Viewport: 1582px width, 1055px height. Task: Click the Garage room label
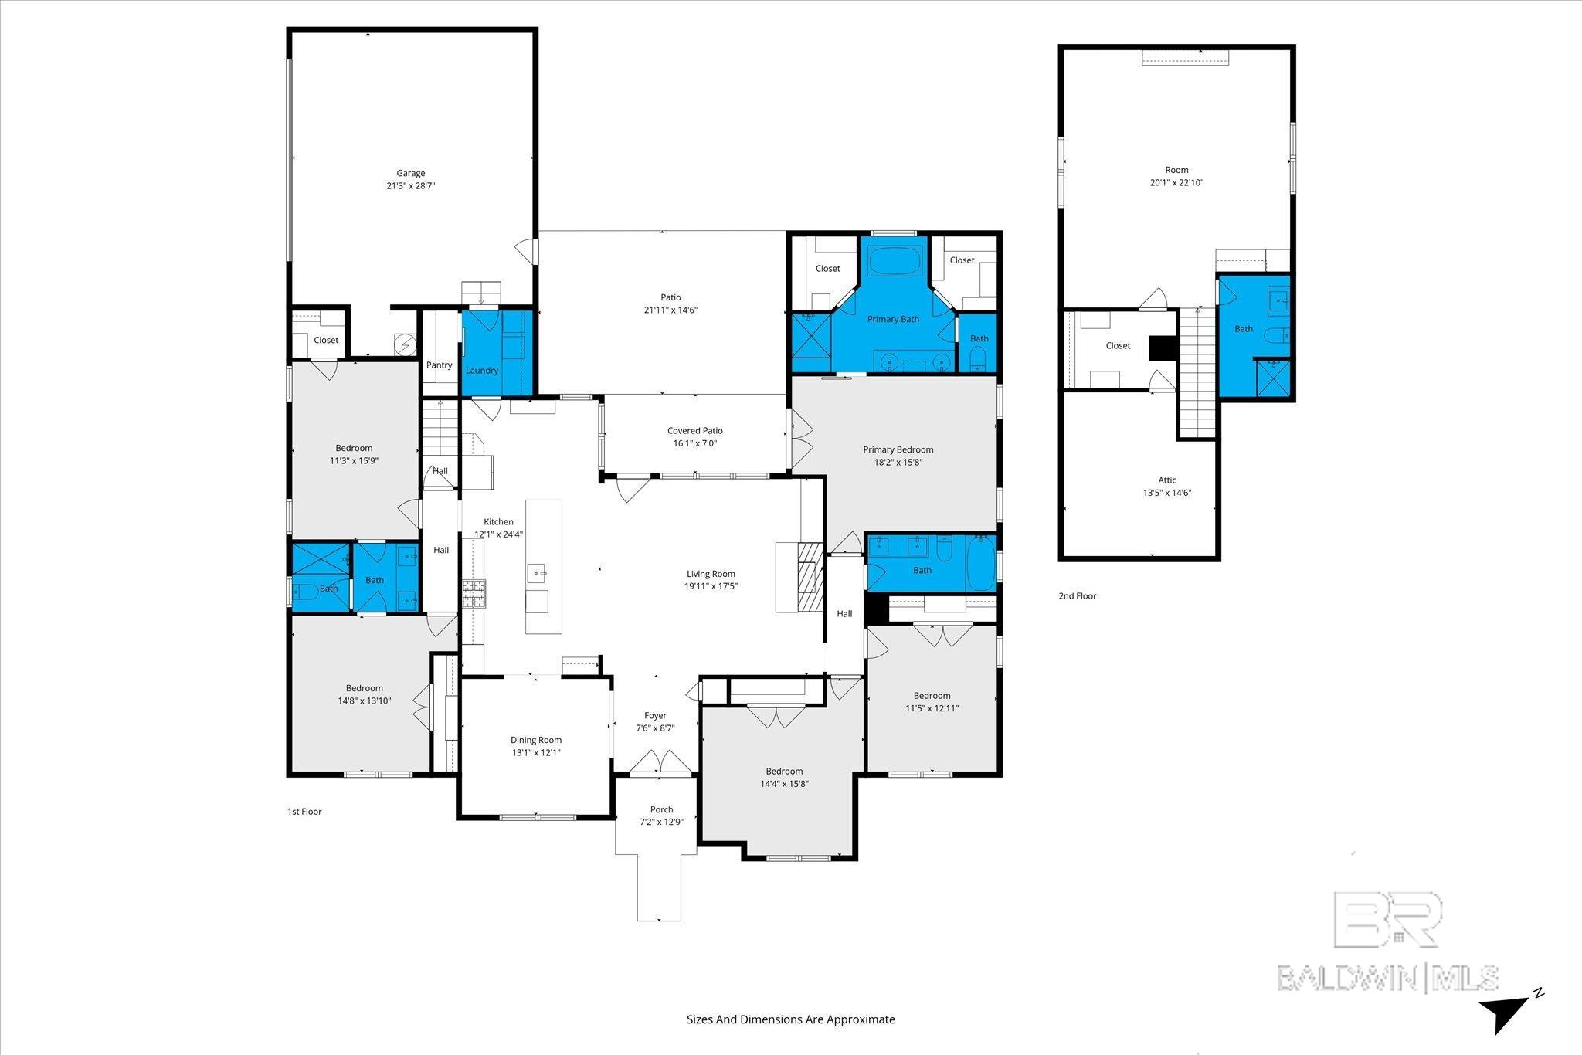pyautogui.click(x=411, y=174)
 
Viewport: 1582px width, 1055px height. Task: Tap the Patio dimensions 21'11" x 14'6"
pyautogui.click(x=670, y=310)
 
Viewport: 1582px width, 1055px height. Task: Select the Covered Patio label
pyautogui.click(x=694, y=431)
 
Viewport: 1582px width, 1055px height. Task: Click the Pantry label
pyautogui.click(x=439, y=365)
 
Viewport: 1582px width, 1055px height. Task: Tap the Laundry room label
pyautogui.click(x=481, y=371)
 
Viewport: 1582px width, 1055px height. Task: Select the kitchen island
pyautogui.click(x=543, y=566)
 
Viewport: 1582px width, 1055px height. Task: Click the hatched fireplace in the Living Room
pyautogui.click(x=810, y=577)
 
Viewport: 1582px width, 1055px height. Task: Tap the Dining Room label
pyautogui.click(x=535, y=740)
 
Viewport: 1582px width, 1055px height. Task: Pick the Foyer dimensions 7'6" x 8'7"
pyautogui.click(x=655, y=728)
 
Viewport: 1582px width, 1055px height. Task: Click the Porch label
pyautogui.click(x=661, y=809)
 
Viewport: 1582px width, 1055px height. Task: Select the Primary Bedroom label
pyautogui.click(x=898, y=449)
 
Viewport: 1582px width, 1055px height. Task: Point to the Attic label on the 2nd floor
pyautogui.click(x=1166, y=480)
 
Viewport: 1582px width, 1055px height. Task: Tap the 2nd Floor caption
pyautogui.click(x=1077, y=596)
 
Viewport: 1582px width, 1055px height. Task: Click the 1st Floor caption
pyautogui.click(x=304, y=812)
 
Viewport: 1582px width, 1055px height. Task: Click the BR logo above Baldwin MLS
pyautogui.click(x=1387, y=919)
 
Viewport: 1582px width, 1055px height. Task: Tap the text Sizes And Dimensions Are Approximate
pyautogui.click(x=790, y=1019)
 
